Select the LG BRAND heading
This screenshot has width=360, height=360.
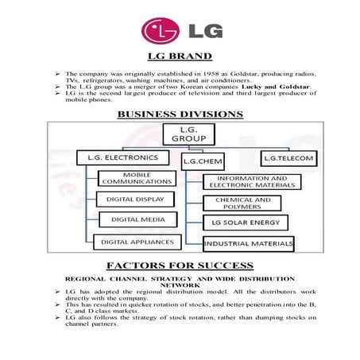180,56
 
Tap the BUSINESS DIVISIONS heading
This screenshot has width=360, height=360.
180,114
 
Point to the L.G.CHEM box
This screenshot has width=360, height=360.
203,161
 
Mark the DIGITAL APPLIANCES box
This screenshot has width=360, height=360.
135,240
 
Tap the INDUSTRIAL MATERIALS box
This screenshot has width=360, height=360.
249,242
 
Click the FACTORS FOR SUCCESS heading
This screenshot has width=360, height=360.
180,265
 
